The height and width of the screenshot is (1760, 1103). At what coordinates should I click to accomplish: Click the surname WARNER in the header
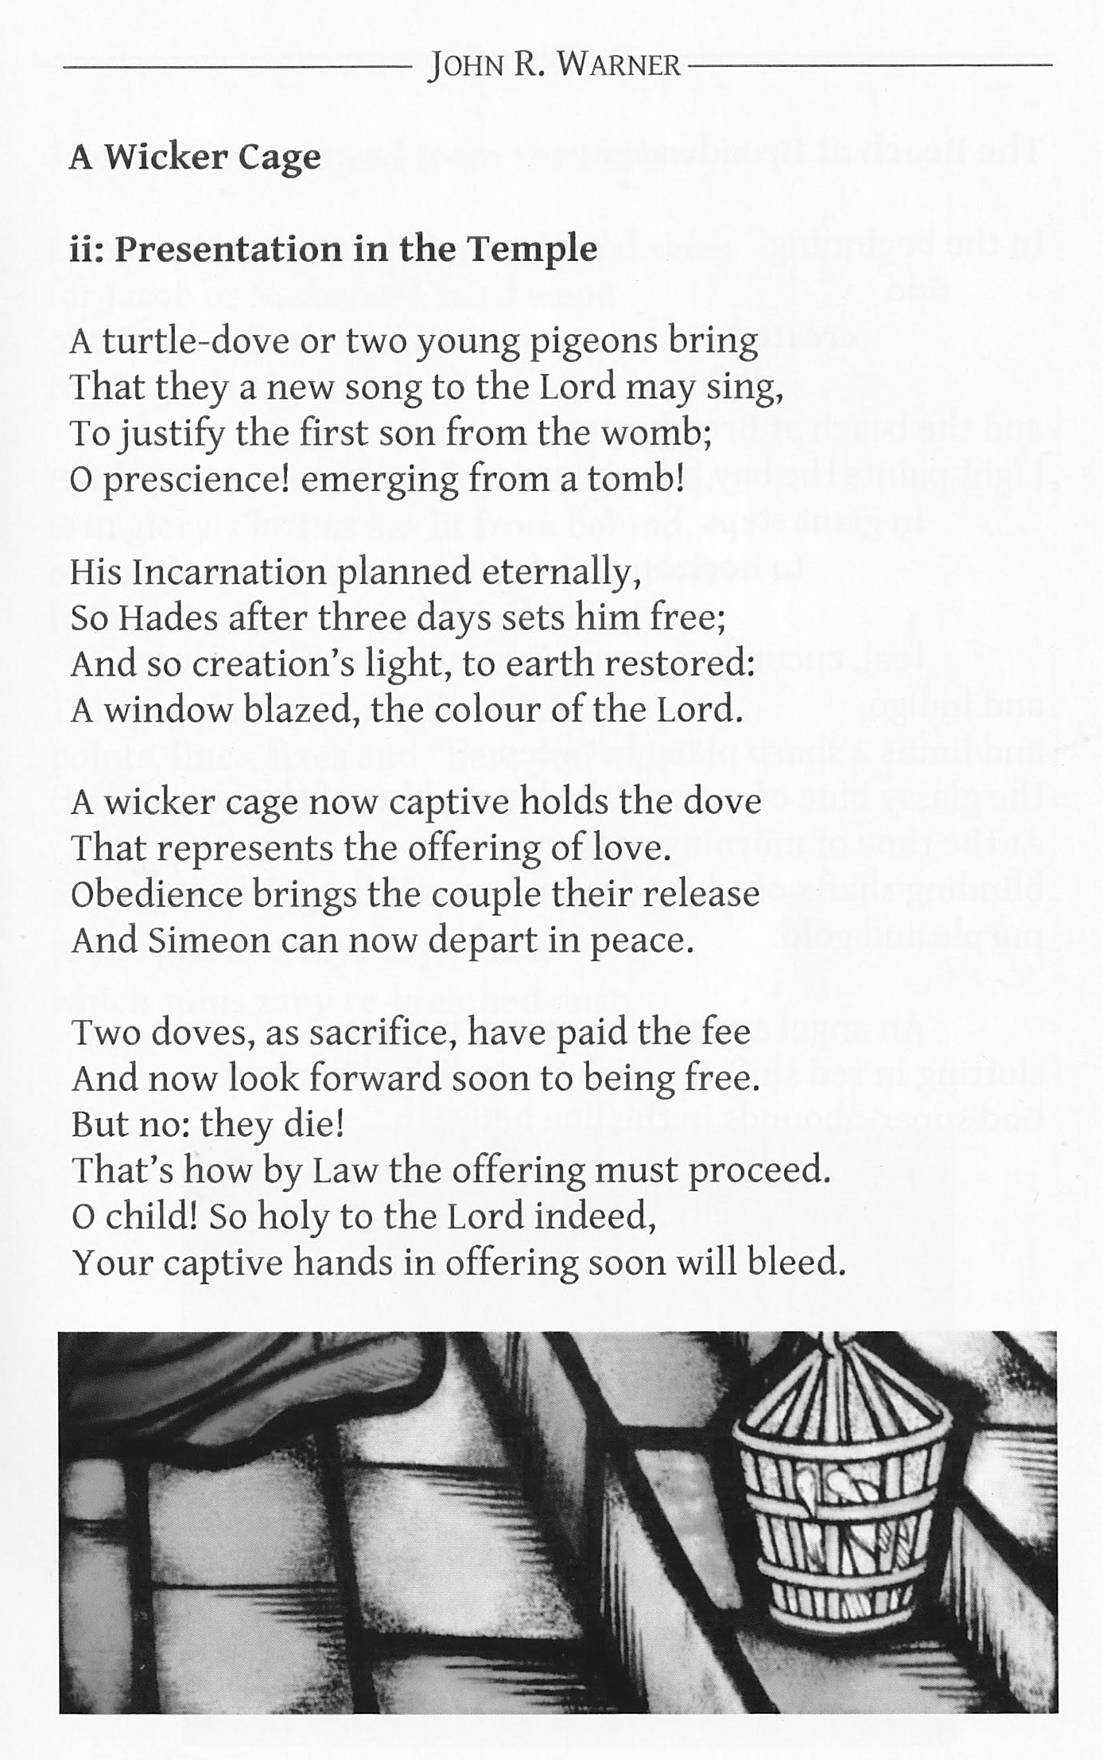point(619,64)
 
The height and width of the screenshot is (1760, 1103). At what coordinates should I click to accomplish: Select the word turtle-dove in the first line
point(182,341)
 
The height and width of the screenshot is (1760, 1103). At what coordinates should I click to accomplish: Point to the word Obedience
point(156,894)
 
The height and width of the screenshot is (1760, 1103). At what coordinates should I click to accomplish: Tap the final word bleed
point(798,1263)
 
